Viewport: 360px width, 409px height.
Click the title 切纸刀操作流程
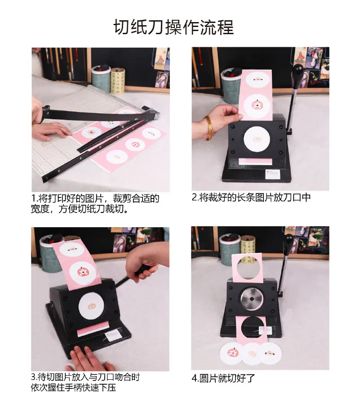click(173, 27)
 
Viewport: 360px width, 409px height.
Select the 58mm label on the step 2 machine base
click(272, 174)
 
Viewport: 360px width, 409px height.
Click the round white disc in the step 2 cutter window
click(257, 139)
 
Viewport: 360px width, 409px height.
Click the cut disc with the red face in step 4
click(231, 353)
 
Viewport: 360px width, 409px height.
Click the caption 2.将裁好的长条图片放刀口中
click(251, 198)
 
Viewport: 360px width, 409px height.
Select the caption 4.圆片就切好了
click(223, 378)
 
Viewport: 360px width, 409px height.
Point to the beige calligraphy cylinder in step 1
click(117, 81)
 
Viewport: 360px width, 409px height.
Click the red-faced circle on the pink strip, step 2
click(256, 105)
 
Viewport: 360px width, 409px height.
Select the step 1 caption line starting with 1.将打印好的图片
click(95, 198)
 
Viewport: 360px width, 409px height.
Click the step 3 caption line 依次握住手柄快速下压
click(73, 387)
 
